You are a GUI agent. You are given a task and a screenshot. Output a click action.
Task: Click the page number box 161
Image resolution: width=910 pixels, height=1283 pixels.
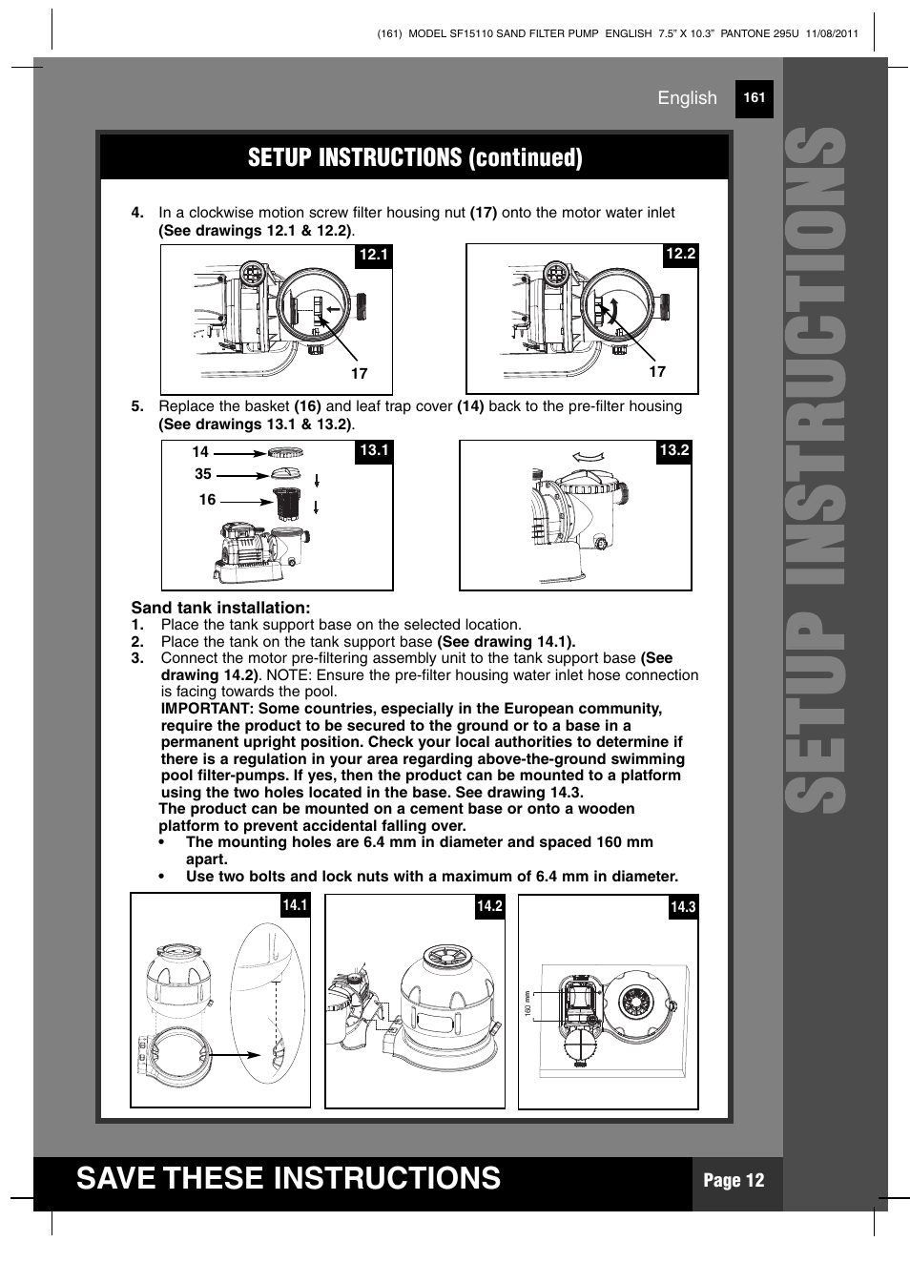pyautogui.click(x=754, y=98)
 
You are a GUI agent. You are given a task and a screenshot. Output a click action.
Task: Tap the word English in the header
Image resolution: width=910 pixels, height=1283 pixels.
pyautogui.click(x=687, y=98)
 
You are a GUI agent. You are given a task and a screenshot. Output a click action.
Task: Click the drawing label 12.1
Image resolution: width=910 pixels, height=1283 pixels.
pyautogui.click(x=374, y=255)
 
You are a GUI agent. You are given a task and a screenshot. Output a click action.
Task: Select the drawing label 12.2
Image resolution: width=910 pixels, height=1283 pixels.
pyautogui.click(x=680, y=254)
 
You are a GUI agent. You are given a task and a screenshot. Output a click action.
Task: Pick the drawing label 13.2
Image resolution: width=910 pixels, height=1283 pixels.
pyautogui.click(x=673, y=450)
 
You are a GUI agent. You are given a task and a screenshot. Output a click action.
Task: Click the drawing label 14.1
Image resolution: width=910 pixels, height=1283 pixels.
pyautogui.click(x=295, y=905)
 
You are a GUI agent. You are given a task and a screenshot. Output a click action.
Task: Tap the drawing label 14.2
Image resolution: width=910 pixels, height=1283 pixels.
pyautogui.click(x=489, y=906)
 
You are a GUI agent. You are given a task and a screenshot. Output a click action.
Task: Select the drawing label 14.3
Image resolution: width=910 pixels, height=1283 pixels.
pyautogui.click(x=683, y=907)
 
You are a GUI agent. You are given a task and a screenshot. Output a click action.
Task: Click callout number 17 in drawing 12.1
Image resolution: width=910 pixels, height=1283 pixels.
pyautogui.click(x=359, y=374)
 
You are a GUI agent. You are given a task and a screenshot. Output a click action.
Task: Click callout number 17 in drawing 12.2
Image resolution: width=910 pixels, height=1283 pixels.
pyautogui.click(x=656, y=371)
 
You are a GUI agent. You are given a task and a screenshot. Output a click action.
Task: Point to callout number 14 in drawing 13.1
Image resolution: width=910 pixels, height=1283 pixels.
pyautogui.click(x=199, y=451)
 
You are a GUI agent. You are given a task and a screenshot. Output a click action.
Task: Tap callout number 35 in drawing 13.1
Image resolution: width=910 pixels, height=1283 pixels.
pyautogui.click(x=202, y=474)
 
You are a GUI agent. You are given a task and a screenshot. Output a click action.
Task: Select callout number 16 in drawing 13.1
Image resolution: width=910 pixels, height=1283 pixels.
pyautogui.click(x=207, y=499)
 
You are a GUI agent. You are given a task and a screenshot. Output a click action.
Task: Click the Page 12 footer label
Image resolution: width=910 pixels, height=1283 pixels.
pyautogui.click(x=734, y=1181)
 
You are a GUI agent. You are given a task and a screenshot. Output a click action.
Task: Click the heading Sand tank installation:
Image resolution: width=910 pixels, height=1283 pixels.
pyautogui.click(x=220, y=608)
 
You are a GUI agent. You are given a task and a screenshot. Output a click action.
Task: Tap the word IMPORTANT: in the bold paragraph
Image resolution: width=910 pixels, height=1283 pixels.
pyautogui.click(x=207, y=709)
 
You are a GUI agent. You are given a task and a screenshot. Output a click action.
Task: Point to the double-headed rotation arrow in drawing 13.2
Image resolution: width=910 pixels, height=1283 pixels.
pyautogui.click(x=589, y=457)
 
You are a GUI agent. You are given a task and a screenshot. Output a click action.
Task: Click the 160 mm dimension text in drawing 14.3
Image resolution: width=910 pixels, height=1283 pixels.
pyautogui.click(x=527, y=1004)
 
